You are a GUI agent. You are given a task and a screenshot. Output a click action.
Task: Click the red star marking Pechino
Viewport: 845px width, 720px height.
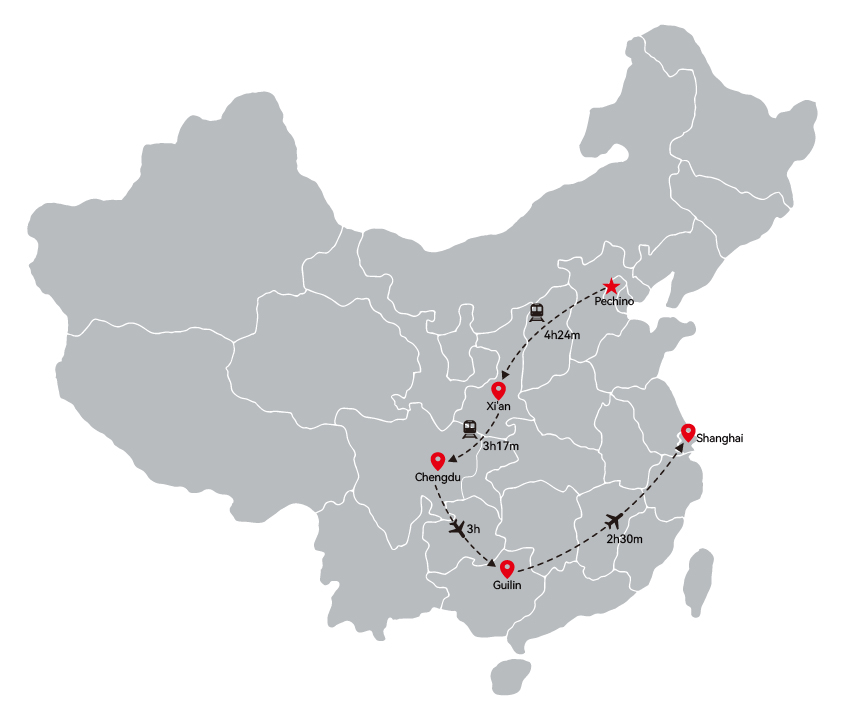[611, 286]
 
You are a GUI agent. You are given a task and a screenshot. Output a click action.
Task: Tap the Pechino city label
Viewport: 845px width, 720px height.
[614, 301]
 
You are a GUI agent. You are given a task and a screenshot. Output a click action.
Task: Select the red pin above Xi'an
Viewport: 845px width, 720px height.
[498, 390]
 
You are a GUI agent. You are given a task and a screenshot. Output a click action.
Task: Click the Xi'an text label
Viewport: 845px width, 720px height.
[498, 406]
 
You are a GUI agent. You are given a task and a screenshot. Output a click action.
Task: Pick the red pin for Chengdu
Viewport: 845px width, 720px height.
[438, 461]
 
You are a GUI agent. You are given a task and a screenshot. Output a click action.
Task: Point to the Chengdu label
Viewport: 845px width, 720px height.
[438, 477]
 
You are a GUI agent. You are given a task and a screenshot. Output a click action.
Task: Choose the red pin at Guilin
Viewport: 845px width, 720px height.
[507, 569]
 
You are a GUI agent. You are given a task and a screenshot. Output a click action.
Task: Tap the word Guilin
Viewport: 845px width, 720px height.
[507, 585]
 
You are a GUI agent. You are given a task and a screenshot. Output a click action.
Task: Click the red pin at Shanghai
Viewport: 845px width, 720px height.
[688, 432]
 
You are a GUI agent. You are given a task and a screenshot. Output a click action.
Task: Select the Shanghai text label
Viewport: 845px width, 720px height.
[719, 438]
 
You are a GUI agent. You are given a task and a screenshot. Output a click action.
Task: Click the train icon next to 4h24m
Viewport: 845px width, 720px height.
[536, 313]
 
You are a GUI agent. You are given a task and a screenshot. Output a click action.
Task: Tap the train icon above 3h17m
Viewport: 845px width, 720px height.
[469, 430]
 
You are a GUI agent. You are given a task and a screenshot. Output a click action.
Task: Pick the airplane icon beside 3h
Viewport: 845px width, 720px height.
[457, 528]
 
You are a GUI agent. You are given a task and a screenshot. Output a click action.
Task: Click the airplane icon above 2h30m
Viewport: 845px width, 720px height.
[613, 521]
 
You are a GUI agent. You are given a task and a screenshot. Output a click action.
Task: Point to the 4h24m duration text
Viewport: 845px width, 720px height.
[562, 335]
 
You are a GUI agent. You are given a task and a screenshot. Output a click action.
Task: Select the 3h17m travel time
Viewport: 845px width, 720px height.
[501, 446]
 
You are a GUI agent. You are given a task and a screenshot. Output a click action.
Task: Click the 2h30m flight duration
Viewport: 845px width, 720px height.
[625, 539]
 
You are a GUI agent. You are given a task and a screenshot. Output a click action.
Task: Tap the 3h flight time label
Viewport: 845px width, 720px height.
[473, 529]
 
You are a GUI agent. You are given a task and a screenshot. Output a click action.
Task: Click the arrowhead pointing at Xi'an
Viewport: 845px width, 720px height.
[504, 375]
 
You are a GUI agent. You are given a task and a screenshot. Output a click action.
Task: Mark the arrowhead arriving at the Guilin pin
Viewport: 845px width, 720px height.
[491, 563]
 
